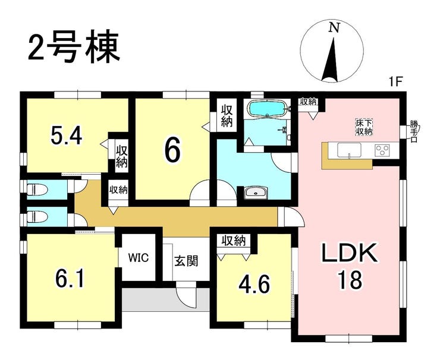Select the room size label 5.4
[x=66, y=138]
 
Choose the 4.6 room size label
[x=254, y=284]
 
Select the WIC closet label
[x=138, y=258]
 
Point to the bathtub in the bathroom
[x=267, y=109]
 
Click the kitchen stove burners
[x=382, y=151]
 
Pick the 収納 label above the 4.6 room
[x=234, y=241]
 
